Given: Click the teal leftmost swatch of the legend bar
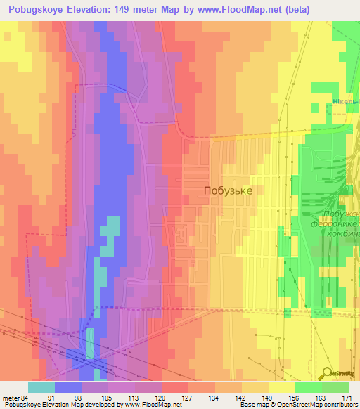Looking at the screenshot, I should click(x=41, y=387).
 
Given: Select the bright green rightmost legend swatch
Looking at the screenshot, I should click(x=335, y=387).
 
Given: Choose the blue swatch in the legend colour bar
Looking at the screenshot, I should click(x=67, y=387).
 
